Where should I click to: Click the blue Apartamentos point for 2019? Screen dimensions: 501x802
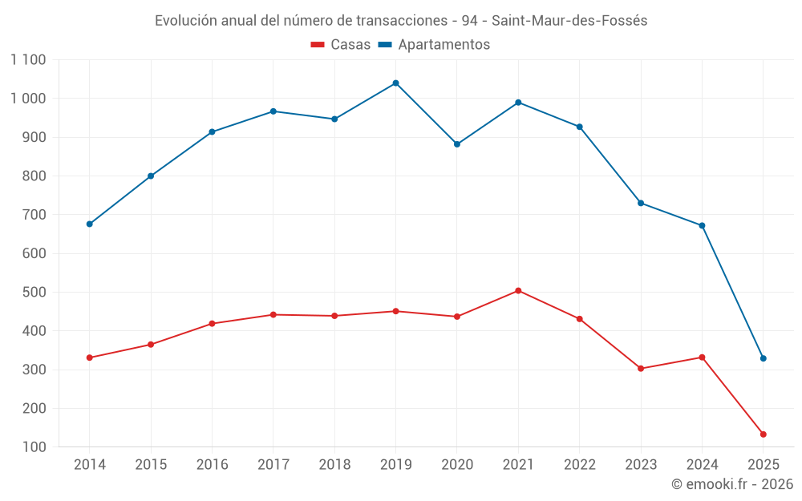[395, 83]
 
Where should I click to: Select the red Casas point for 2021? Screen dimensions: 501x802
[518, 291]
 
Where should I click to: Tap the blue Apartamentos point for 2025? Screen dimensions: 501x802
[763, 358]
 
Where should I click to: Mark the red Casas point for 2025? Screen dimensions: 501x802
[763, 434]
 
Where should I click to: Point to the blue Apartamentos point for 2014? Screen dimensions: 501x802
[89, 224]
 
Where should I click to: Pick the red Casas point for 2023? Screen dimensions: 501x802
[641, 369]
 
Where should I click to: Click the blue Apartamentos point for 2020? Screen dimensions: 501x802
[457, 144]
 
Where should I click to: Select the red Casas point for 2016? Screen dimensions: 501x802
[212, 324]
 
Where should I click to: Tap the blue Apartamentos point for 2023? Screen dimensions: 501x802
[641, 203]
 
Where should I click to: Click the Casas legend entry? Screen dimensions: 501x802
[341, 45]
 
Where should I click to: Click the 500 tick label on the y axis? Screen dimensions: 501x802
[34, 293]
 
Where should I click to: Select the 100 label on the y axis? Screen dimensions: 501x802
[34, 447]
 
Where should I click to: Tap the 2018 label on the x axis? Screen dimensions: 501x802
[334, 465]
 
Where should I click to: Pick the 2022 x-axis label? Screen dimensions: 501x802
[579, 465]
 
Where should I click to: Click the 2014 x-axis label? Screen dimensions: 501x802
[89, 465]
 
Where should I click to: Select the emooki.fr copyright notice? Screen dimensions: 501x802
[732, 484]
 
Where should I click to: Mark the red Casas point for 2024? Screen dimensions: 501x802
[702, 358]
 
